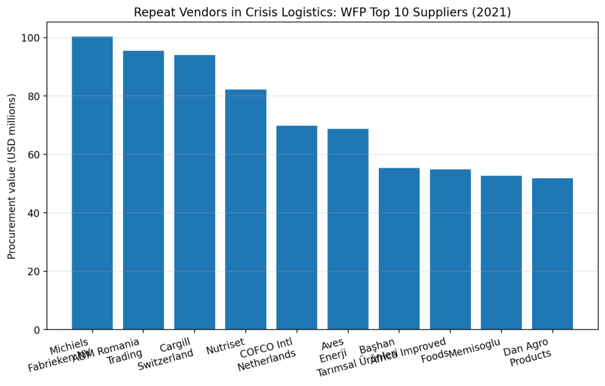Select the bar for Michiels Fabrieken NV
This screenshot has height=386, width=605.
pyautogui.click(x=92, y=183)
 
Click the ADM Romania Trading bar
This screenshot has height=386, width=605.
pyautogui.click(x=144, y=190)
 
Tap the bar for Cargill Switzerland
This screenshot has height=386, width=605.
pyautogui.click(x=194, y=192)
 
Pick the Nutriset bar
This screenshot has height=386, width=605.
pyautogui.click(x=246, y=210)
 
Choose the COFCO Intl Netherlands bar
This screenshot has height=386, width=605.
pyautogui.click(x=297, y=227)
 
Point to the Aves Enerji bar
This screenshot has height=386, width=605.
pyautogui.click(x=348, y=229)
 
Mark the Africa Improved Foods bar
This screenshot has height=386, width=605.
pyautogui.click(x=450, y=249)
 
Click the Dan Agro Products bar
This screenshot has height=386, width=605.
pyautogui.click(x=552, y=254)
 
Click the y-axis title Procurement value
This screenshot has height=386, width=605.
pyautogui.click(x=11, y=176)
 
